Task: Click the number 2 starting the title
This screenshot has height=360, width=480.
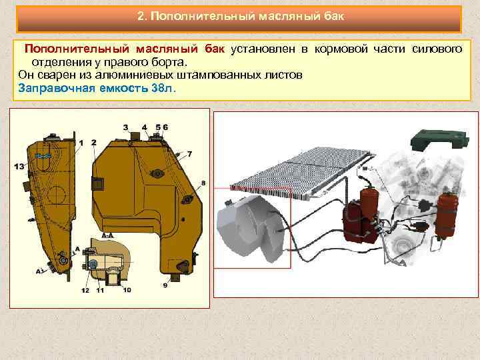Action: tap(141, 16)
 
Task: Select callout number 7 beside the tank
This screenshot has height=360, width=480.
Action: tap(189, 154)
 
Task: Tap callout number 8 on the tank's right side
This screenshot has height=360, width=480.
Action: tap(203, 182)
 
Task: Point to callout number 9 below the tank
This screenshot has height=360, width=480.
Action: tap(165, 285)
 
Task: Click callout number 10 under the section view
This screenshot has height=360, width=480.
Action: tap(127, 290)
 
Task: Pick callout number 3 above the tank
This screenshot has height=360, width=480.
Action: tap(125, 127)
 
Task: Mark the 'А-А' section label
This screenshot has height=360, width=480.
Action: tap(107, 236)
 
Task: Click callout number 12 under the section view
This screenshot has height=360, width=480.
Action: tap(85, 290)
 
